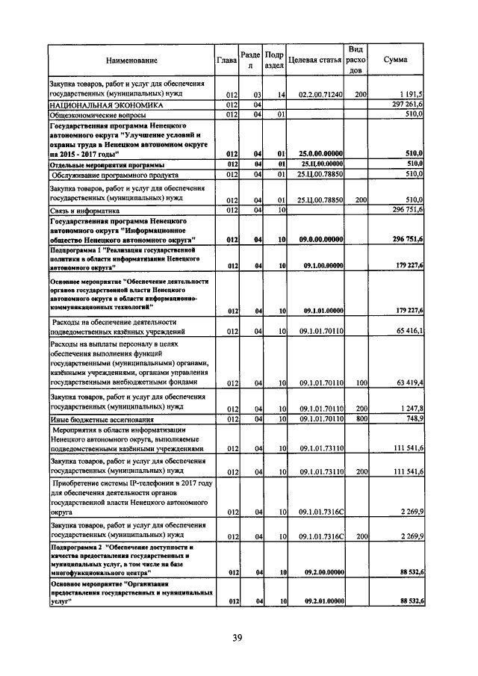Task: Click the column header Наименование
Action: (131, 60)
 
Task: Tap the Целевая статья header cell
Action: (314, 60)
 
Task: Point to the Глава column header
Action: (226, 60)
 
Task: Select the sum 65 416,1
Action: (409, 330)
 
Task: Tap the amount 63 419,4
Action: (409, 382)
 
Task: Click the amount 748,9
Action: (412, 420)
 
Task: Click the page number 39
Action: (237, 637)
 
